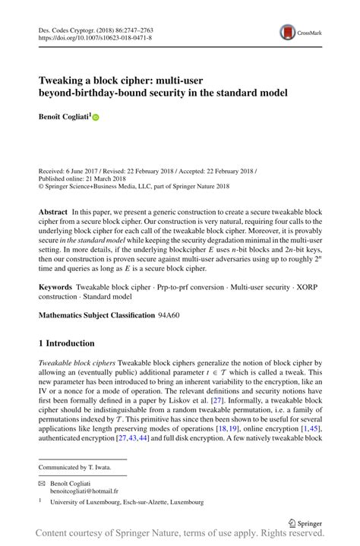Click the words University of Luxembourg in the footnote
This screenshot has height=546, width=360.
84,502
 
